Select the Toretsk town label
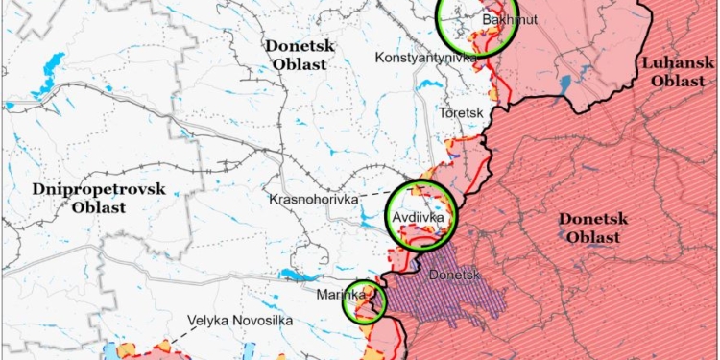click(460, 113)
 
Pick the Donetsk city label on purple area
click(455, 276)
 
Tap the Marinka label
click(340, 296)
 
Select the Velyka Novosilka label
click(240, 322)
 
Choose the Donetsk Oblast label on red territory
click(593, 228)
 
